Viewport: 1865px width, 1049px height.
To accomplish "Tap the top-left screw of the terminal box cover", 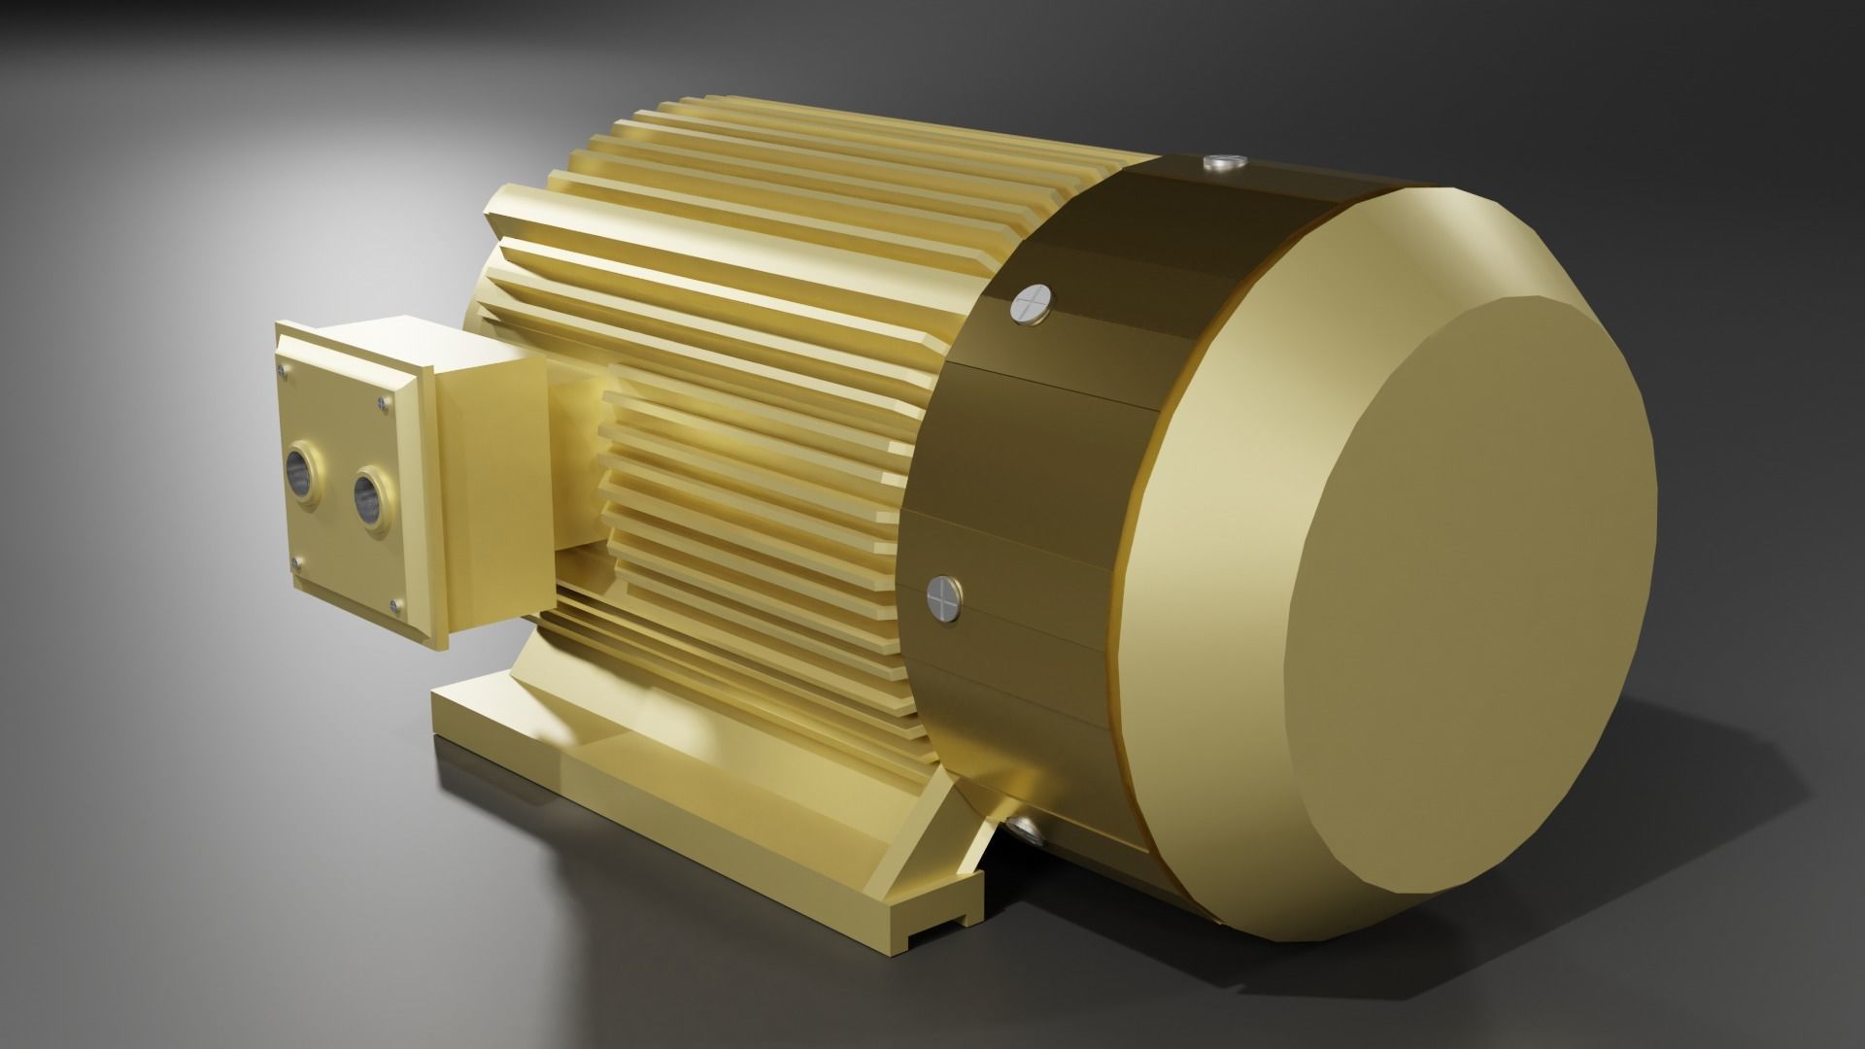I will tap(282, 369).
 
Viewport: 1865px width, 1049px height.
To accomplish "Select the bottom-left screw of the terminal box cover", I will tap(295, 563).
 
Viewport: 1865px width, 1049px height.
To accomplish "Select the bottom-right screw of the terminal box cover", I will tap(393, 607).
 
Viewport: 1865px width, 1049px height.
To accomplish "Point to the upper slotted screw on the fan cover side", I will tap(1032, 304).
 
